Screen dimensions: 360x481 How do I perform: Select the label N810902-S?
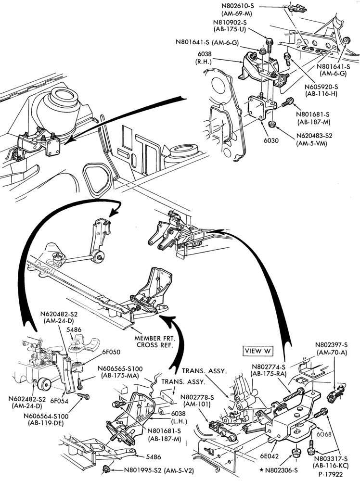coord(230,23)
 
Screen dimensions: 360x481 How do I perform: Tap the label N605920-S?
coord(321,87)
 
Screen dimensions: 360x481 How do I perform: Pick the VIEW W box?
coord(258,351)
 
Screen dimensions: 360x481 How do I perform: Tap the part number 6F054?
coord(59,401)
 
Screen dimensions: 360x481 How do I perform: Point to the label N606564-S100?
coord(46,416)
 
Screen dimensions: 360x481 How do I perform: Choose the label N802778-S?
coord(198,397)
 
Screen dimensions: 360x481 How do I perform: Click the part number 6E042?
coord(270,456)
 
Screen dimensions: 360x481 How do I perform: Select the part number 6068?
coord(324,434)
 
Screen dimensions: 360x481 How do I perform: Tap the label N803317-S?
coord(331,459)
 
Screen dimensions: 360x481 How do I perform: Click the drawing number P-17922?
coord(330,474)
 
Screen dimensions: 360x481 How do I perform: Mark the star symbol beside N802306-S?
coord(261,469)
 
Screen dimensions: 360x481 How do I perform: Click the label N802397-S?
coord(332,344)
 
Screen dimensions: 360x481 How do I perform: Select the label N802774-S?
coord(269,367)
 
